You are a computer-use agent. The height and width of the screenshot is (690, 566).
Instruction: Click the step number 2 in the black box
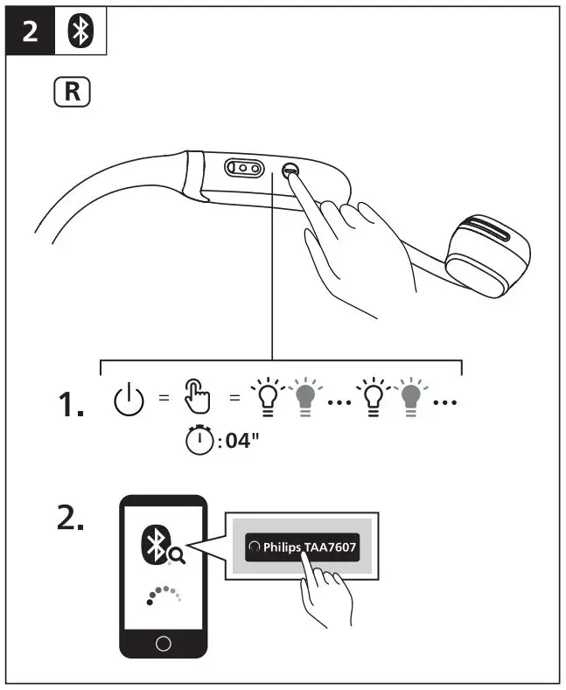click(31, 34)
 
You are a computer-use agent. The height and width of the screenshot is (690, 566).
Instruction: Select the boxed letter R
click(73, 93)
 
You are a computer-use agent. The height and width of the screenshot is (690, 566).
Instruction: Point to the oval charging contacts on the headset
click(244, 168)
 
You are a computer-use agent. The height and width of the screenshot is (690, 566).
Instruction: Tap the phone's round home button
click(162, 645)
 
